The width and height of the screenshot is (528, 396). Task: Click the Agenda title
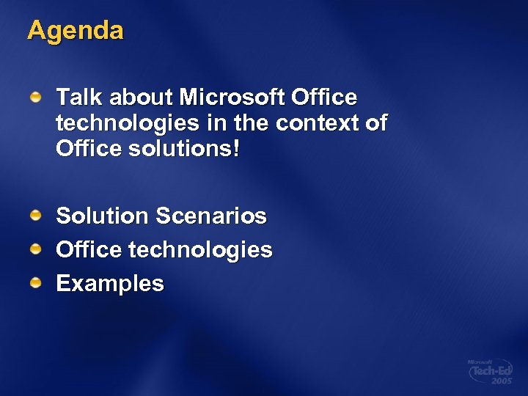76,31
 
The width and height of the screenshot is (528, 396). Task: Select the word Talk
78,97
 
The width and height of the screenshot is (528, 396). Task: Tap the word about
140,97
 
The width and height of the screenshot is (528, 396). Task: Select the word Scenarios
210,216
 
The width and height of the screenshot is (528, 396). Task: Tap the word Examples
110,283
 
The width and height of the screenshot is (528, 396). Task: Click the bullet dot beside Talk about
35,95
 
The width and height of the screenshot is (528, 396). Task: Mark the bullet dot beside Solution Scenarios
35,214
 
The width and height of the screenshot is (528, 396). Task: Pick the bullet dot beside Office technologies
35,248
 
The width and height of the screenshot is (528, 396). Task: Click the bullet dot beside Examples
35,282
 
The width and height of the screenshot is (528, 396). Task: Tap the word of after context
375,123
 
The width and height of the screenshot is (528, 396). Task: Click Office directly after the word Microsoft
323,97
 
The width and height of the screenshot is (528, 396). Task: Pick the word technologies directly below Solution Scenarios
200,250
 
